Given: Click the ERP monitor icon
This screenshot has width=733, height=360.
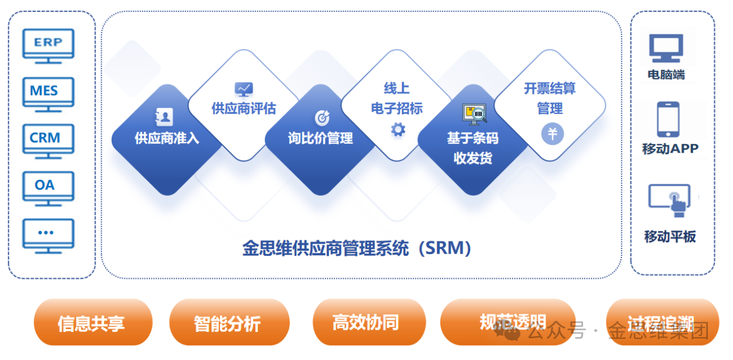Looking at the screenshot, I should tap(48, 45).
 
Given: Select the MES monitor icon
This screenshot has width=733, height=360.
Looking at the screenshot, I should tap(48, 93).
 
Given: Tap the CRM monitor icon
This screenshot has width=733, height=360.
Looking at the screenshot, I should tap(48, 140).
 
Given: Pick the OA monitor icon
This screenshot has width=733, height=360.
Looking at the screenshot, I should tap(48, 187).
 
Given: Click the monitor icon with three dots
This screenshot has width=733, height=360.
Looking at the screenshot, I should tap(48, 234).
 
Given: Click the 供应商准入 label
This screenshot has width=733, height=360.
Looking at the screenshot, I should tap(167, 139).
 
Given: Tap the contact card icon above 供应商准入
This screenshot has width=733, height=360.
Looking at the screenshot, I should tap(164, 117).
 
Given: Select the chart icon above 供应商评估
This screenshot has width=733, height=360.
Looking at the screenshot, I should tap(243, 89).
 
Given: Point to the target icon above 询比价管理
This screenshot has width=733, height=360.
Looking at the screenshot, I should tap(322, 117).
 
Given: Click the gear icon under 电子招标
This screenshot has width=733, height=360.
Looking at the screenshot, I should tap(398, 129).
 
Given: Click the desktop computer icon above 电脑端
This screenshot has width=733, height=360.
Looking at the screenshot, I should tap(666, 49).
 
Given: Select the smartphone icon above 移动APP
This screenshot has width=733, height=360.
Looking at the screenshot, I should tap(668, 119).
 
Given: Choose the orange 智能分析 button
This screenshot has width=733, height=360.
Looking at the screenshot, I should tap(228, 323).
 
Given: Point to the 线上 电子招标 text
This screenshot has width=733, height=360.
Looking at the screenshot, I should tap(397, 98).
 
